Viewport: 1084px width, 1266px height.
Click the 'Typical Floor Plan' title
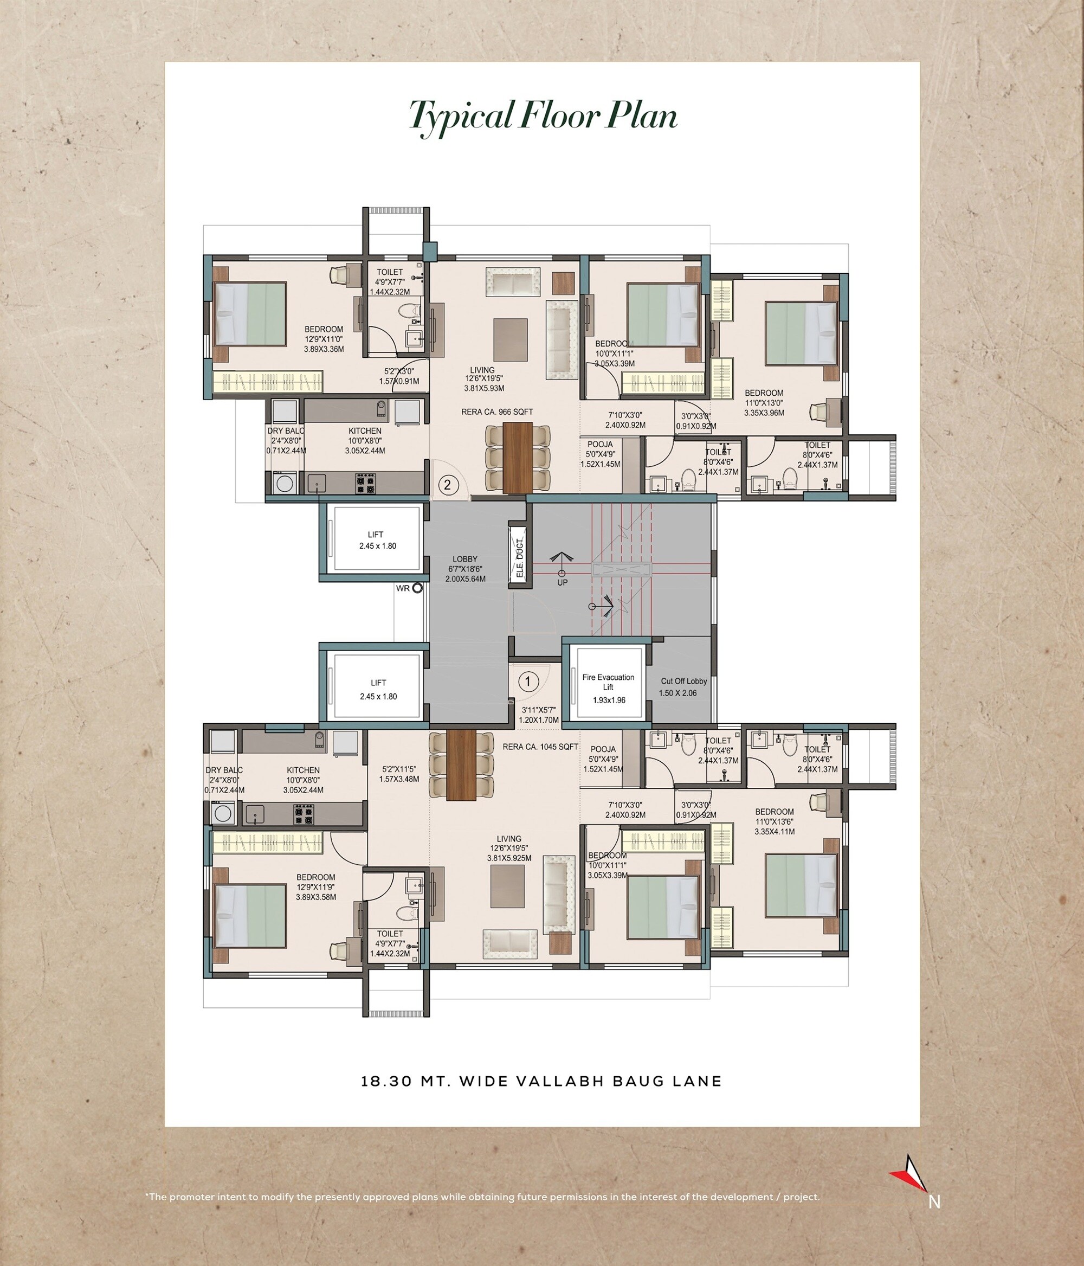coord(543,115)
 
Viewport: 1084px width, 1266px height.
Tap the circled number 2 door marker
coord(448,485)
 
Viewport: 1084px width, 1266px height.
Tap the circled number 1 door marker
coord(528,680)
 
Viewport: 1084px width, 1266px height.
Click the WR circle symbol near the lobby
coord(418,588)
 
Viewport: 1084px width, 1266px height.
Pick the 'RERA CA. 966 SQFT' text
coord(496,412)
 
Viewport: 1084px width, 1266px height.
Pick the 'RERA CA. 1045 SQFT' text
coord(540,747)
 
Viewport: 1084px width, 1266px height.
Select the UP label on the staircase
coord(562,582)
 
